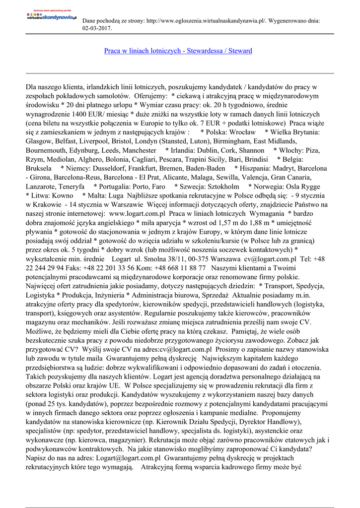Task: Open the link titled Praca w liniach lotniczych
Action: pyautogui.click(x=178, y=51)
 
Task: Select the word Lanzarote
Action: pyautogui.click(x=42, y=186)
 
